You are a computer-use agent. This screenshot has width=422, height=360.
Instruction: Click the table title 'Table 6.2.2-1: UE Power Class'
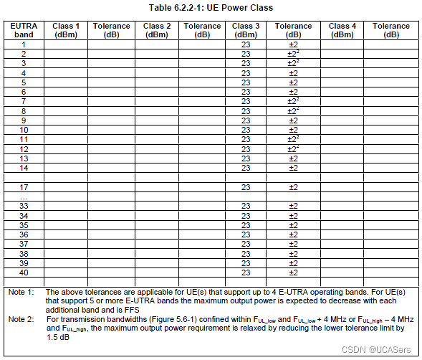(x=211, y=7)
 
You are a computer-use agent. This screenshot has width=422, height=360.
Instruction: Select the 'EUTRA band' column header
(x=24, y=30)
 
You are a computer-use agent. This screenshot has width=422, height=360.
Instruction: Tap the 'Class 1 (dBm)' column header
(x=66, y=30)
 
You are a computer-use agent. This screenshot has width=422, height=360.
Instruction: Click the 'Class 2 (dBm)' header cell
(x=157, y=30)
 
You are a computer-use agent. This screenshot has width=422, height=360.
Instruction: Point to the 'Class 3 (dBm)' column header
(x=246, y=30)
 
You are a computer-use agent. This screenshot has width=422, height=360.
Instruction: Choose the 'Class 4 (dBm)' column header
(x=342, y=30)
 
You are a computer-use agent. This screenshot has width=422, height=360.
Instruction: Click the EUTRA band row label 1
(x=24, y=44)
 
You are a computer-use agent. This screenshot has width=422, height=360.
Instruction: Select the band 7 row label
(x=24, y=102)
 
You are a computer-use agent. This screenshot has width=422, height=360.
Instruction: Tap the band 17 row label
(x=24, y=187)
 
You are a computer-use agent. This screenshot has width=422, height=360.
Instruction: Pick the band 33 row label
(x=24, y=207)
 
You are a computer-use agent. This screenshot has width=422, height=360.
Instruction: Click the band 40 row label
(x=24, y=273)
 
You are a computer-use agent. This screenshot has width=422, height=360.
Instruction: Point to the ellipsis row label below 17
(x=24, y=196)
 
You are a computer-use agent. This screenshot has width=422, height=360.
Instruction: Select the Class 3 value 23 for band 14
(x=246, y=168)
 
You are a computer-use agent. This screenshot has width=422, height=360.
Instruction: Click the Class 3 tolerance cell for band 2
(x=293, y=54)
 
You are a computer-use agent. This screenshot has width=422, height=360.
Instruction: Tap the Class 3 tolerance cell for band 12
(x=293, y=149)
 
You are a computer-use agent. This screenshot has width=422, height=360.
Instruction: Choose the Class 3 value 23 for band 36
(x=246, y=235)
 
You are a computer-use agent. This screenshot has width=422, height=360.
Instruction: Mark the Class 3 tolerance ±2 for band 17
(x=293, y=187)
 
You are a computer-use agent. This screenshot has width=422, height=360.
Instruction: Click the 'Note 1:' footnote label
(x=21, y=293)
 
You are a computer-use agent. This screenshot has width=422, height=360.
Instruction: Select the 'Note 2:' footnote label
(x=21, y=318)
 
